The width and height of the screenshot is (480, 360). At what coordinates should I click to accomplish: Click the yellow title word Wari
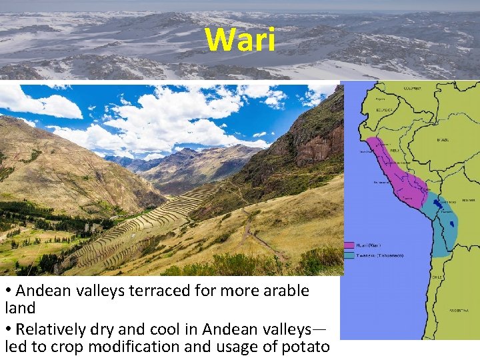(240, 40)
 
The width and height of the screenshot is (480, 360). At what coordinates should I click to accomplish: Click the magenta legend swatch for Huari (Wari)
(349, 245)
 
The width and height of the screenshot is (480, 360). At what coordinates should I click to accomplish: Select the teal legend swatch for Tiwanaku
(349, 254)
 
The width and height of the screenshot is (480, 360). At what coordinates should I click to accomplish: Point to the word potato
(306, 347)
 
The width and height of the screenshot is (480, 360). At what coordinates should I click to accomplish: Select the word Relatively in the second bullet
(51, 329)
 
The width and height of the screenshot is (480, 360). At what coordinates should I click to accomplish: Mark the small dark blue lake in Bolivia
(453, 221)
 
